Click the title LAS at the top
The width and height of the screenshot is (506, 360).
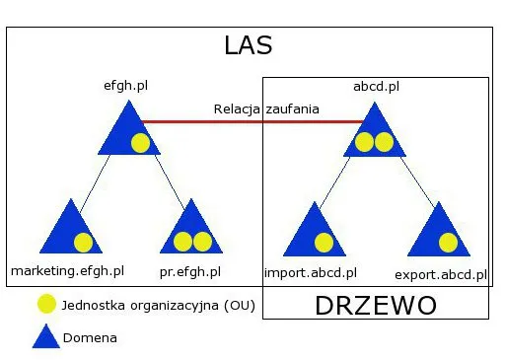(x=248, y=45)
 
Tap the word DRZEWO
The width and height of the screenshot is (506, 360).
(x=375, y=305)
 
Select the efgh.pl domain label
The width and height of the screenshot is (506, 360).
(x=126, y=86)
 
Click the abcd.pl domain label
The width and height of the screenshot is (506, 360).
(x=376, y=86)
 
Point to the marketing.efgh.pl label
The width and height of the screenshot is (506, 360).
(x=67, y=270)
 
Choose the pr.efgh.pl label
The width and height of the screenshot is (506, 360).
(x=189, y=270)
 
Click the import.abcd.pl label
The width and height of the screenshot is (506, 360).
(x=311, y=272)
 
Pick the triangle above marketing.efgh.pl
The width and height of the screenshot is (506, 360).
(x=70, y=233)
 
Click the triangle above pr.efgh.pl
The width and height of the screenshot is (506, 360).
(x=190, y=233)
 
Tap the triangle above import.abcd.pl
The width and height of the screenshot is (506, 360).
(x=314, y=235)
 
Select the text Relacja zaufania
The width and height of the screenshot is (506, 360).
(x=265, y=108)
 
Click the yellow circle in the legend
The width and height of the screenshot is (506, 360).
(x=45, y=306)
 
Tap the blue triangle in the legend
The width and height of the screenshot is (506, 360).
(x=46, y=336)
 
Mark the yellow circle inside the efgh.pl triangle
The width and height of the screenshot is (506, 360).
(x=140, y=143)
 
